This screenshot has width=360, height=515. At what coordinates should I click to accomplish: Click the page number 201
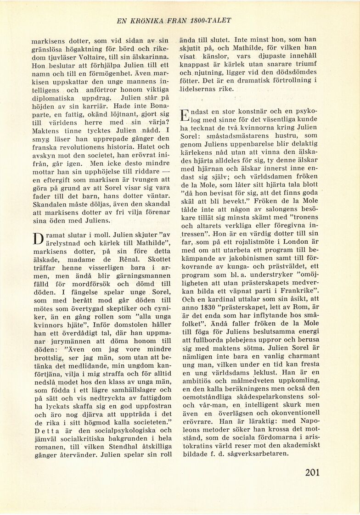click(312, 472)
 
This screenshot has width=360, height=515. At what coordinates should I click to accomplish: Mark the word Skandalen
click(49, 205)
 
